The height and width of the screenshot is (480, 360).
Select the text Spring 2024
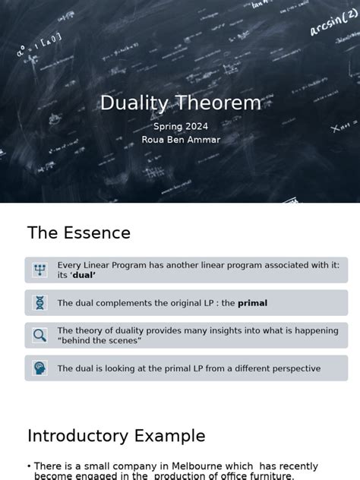click(180, 127)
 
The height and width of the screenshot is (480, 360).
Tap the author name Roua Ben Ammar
click(180, 140)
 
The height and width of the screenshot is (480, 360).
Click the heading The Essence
click(79, 232)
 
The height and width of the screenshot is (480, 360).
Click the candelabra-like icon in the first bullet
click(39, 270)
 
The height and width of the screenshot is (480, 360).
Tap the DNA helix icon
click(39, 303)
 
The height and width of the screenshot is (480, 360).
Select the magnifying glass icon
click(39, 335)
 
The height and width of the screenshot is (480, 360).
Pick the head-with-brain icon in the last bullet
click(39, 368)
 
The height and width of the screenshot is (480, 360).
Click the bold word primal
click(252, 303)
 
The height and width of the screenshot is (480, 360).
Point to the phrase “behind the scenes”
click(99, 341)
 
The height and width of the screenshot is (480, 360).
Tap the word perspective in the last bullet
click(292, 368)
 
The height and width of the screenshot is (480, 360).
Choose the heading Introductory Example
click(116, 436)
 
